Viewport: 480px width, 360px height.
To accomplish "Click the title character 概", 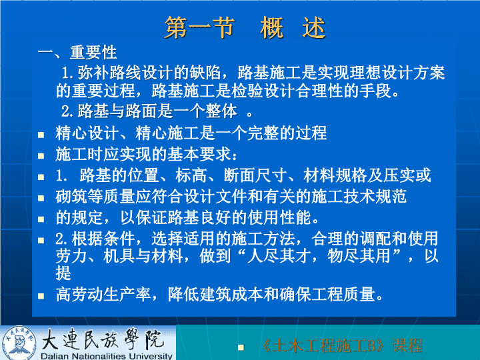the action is [271, 27].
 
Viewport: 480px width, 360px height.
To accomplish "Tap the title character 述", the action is [313, 27].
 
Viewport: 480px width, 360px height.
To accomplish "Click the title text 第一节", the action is [200, 27].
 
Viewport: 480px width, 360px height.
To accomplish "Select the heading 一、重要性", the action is [77, 53].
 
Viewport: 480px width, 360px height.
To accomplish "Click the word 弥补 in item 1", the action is [93, 73].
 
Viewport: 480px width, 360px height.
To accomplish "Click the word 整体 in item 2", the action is [221, 111].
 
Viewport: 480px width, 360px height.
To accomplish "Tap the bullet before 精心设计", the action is [41, 135].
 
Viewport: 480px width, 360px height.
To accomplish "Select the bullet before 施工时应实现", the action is [41, 156].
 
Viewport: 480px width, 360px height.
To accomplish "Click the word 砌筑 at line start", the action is [71, 196].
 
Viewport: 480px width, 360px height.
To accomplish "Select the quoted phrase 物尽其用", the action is [359, 256].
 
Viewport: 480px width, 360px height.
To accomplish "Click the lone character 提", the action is [63, 273].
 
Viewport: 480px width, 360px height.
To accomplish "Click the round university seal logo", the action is [19, 343].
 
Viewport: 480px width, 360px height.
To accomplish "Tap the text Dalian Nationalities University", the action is [107, 356].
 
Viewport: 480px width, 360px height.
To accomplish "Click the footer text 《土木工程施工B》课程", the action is [342, 346].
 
